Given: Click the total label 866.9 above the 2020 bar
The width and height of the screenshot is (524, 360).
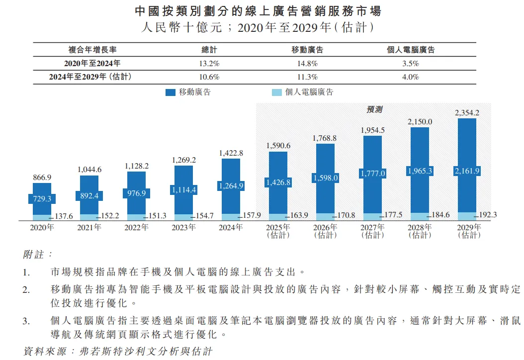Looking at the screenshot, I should pyautogui.click(x=42, y=177).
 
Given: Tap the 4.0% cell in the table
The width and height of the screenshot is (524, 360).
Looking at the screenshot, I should pyautogui.click(x=410, y=77).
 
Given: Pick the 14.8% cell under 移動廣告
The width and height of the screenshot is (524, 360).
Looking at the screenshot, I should pyautogui.click(x=309, y=64).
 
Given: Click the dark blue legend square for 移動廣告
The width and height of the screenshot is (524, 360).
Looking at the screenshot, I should pyautogui.click(x=170, y=92).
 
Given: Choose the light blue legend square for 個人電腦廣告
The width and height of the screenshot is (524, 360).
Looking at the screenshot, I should pyautogui.click(x=277, y=92).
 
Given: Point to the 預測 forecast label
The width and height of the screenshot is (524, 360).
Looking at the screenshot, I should pyautogui.click(x=374, y=109).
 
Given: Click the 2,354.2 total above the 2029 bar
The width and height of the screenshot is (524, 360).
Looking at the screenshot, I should pyautogui.click(x=467, y=113).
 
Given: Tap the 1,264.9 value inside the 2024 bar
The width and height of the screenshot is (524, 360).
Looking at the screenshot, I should pyautogui.click(x=231, y=186).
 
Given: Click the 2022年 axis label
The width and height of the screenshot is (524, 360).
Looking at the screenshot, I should pyautogui.click(x=137, y=228).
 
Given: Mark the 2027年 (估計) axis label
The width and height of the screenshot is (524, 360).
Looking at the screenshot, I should pyautogui.click(x=373, y=231).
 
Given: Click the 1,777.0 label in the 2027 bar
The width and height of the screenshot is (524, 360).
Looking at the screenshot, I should pyautogui.click(x=373, y=174).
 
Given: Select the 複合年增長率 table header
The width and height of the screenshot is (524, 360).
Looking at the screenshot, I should pyautogui.click(x=92, y=50).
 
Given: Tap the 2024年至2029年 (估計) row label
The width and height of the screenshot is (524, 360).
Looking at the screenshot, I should pyautogui.click(x=92, y=77).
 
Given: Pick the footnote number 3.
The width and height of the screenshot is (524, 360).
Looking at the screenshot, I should pyautogui.click(x=26, y=321).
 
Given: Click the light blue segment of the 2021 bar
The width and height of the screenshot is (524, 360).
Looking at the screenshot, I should pyautogui.click(x=89, y=217).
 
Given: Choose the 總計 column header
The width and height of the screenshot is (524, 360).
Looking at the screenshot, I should pyautogui.click(x=209, y=50).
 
